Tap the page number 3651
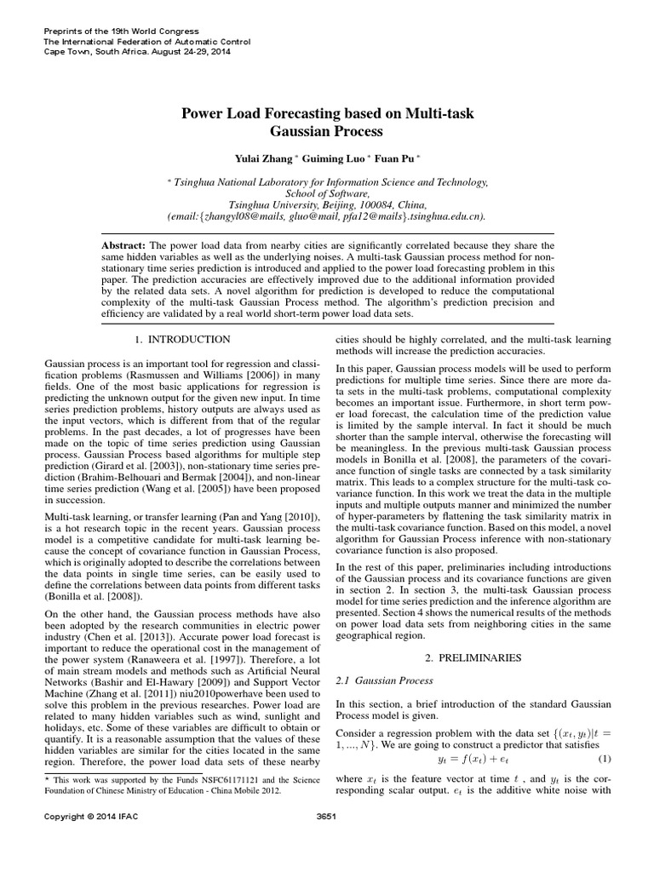(327, 840)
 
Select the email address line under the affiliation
(327, 216)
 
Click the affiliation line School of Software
(327, 193)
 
